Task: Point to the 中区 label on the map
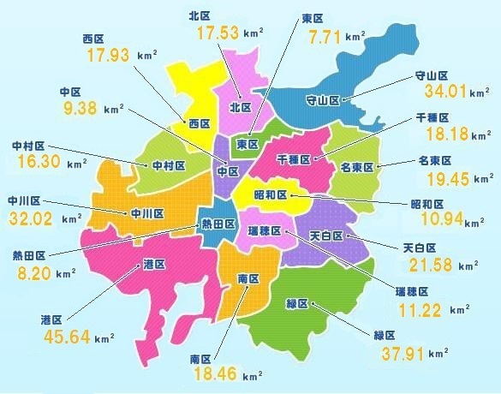[x=227, y=171]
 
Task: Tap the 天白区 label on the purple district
[x=325, y=235]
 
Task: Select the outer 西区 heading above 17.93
[x=92, y=39]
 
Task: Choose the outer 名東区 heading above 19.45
[x=435, y=160]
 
